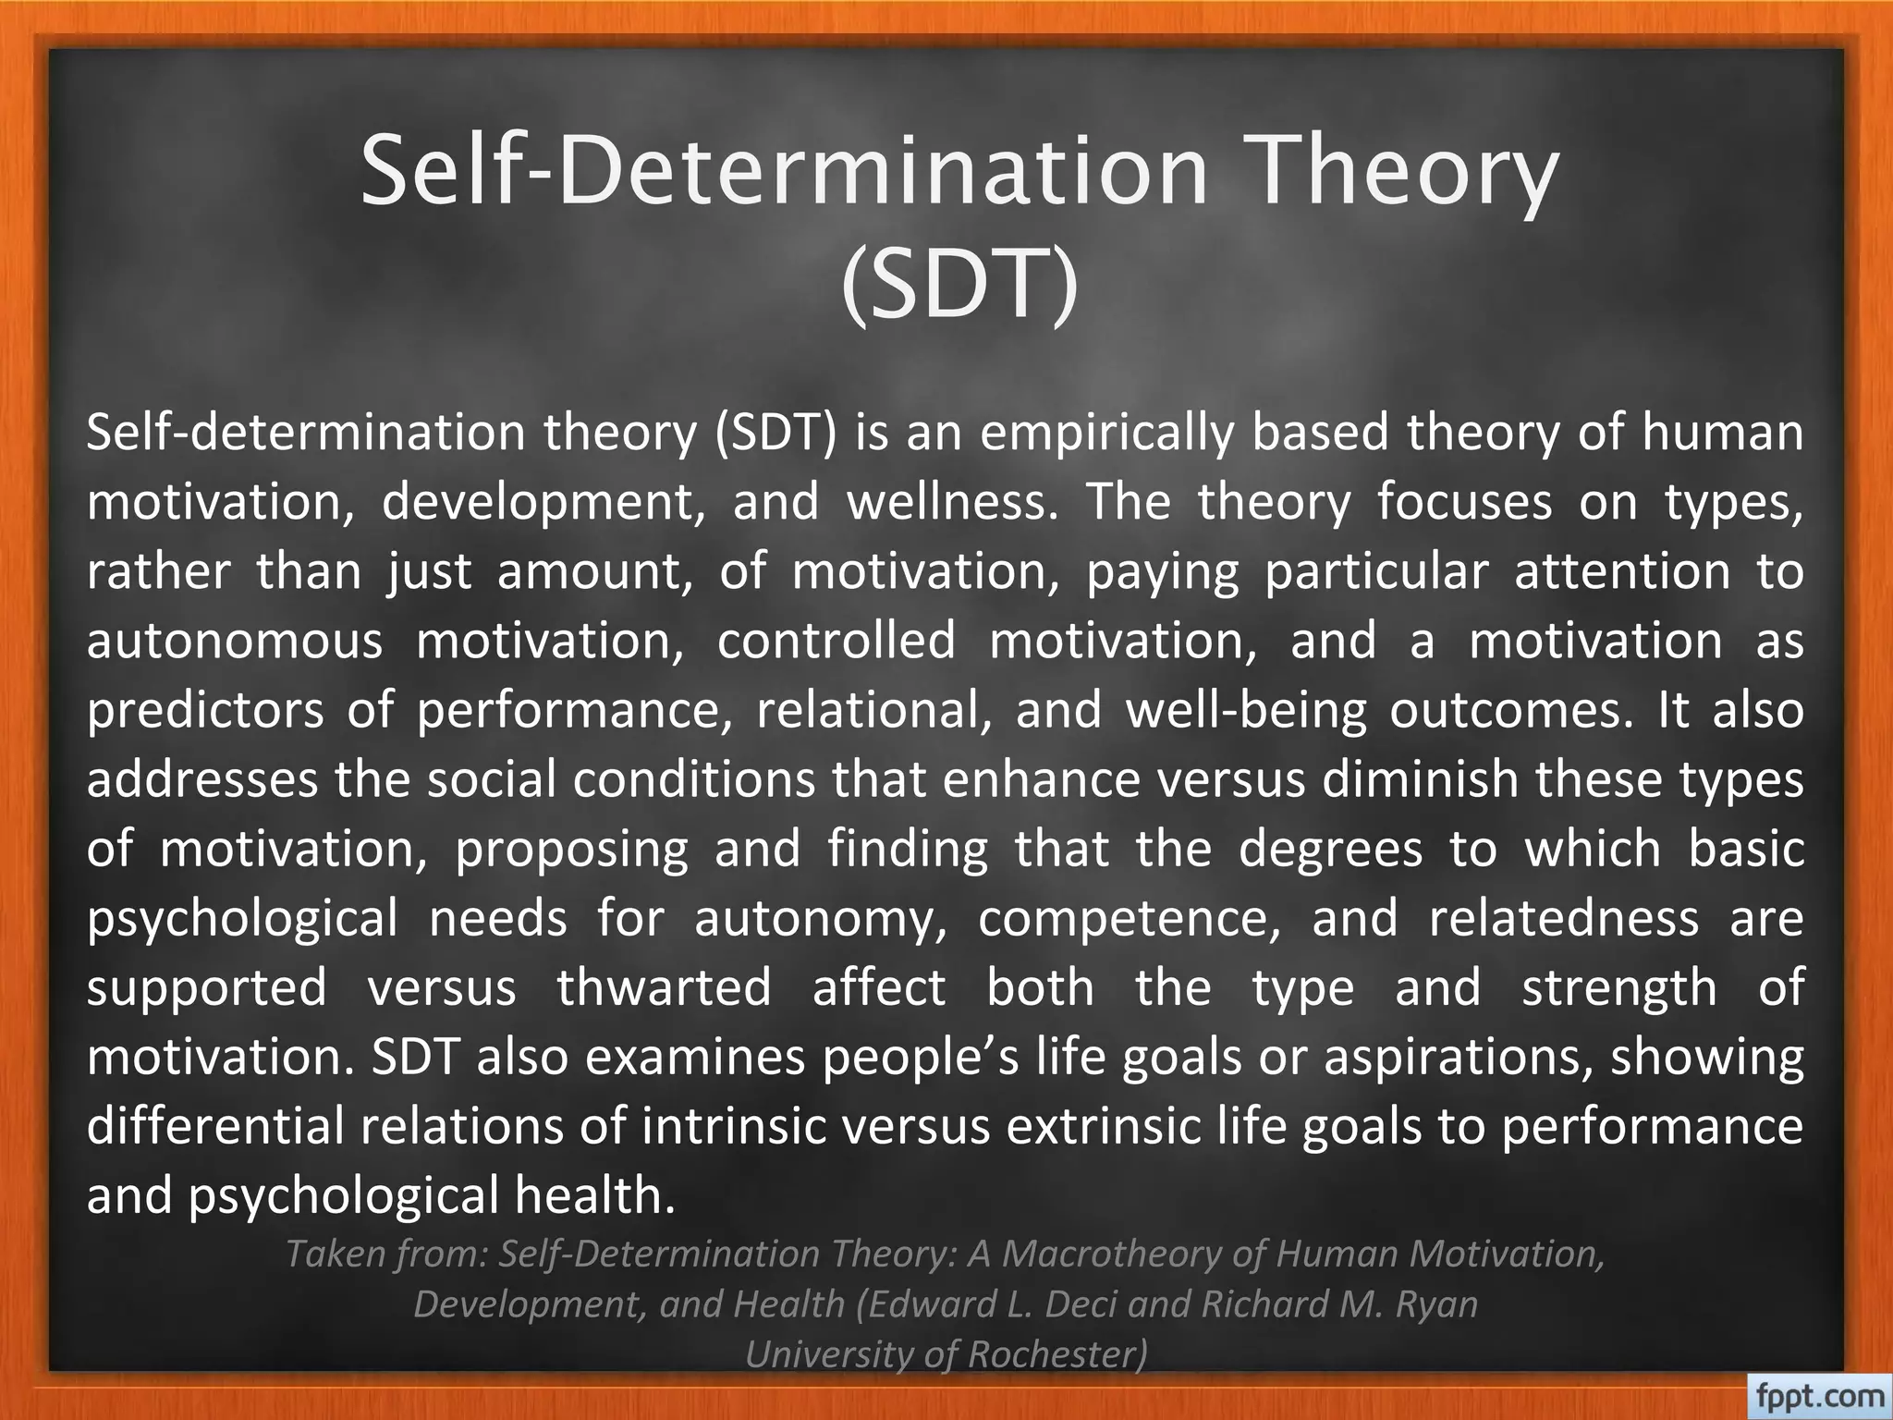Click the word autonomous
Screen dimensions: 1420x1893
point(234,641)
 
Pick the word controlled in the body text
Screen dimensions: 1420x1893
point(837,641)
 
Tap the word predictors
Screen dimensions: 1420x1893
point(205,710)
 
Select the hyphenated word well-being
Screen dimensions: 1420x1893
point(1245,710)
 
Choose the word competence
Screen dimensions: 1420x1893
point(1130,918)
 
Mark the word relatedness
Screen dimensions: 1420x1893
point(1564,918)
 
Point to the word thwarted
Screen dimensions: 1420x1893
point(664,987)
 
